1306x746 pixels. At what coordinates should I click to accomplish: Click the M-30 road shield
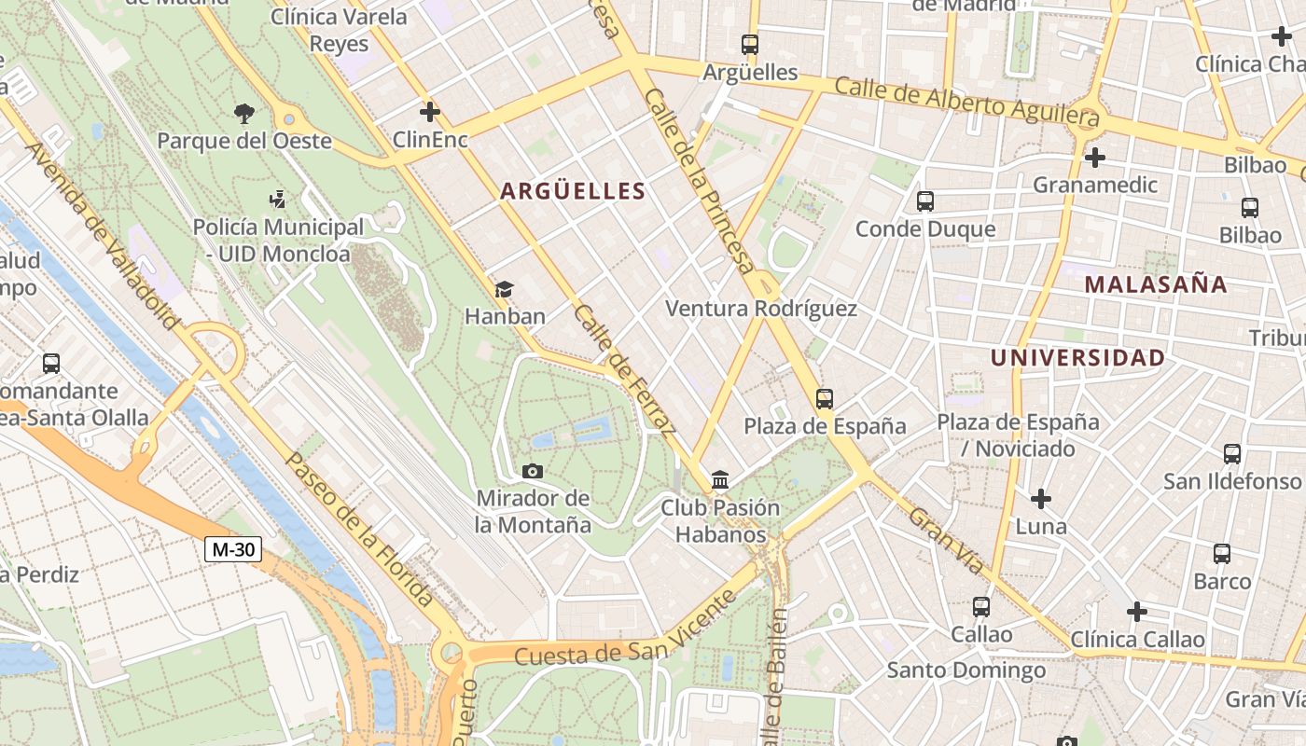pos(233,549)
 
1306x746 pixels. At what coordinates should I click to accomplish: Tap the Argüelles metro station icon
pos(750,44)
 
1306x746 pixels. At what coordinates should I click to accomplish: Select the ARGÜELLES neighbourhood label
pos(573,191)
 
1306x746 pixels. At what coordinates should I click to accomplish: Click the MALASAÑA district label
pos(1156,284)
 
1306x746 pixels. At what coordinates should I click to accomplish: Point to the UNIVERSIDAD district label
pos(1077,358)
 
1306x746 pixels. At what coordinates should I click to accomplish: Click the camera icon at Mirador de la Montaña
pos(533,471)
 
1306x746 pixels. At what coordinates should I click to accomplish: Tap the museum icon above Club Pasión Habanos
pos(720,480)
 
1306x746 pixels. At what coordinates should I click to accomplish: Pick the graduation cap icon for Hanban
pos(505,289)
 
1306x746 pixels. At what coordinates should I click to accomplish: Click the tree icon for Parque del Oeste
pos(244,114)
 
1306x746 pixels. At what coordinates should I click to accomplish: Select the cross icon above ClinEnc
pos(430,112)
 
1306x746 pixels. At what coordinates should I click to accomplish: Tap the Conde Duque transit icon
pos(925,200)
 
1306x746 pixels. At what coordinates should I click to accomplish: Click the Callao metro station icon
pos(981,607)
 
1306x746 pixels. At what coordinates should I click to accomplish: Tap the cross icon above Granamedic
pos(1095,157)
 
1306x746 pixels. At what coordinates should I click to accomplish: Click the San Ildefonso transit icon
pos(1232,454)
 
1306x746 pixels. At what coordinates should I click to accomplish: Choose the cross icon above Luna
pos(1041,499)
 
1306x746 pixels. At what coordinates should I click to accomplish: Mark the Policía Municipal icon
pos(277,199)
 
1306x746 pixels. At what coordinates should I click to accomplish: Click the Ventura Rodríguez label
pos(760,309)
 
